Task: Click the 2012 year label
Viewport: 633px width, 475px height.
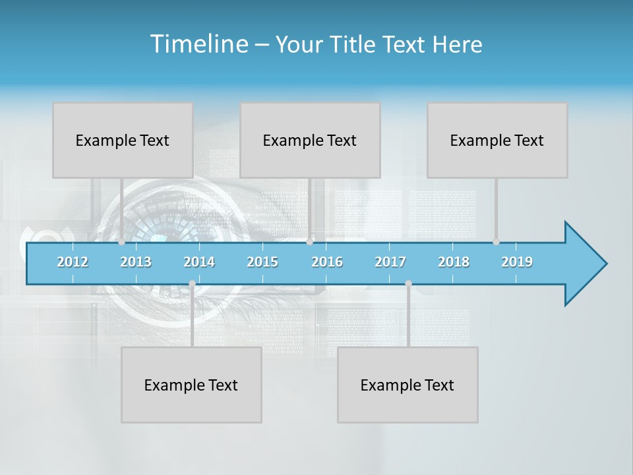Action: pos(73,262)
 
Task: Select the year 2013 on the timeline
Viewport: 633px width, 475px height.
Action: pos(136,262)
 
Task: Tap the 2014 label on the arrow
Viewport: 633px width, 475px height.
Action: pos(199,262)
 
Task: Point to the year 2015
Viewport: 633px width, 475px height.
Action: pos(262,262)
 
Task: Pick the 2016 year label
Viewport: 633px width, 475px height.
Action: pos(327,262)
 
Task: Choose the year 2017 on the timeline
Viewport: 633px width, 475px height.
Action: pos(390,262)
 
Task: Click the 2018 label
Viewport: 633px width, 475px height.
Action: pos(454,262)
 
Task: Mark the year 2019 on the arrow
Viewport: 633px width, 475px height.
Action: pos(517,262)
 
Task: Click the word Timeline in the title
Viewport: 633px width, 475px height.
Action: pos(198,44)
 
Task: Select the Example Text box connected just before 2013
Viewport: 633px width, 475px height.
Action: pos(123,140)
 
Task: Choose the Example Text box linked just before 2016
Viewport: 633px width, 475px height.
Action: pos(310,140)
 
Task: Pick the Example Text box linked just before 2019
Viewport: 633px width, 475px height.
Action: pos(497,140)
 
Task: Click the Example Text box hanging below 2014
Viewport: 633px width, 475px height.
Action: pos(191,385)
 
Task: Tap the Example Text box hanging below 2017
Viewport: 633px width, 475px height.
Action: pos(407,385)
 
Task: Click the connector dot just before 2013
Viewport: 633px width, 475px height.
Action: pos(121,242)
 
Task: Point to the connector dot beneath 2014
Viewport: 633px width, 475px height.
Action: pos(192,284)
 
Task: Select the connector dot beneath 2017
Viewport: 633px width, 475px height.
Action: pos(408,284)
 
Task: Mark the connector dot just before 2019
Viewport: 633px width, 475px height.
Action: pos(496,242)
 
